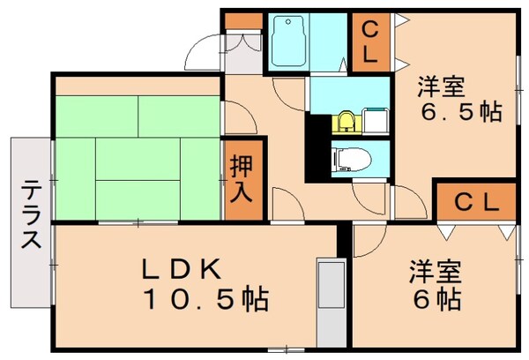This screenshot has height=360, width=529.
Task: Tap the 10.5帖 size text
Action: tap(208, 300)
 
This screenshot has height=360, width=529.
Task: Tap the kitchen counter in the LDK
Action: tap(333, 296)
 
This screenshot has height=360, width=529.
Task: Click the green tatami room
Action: tap(137, 150)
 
